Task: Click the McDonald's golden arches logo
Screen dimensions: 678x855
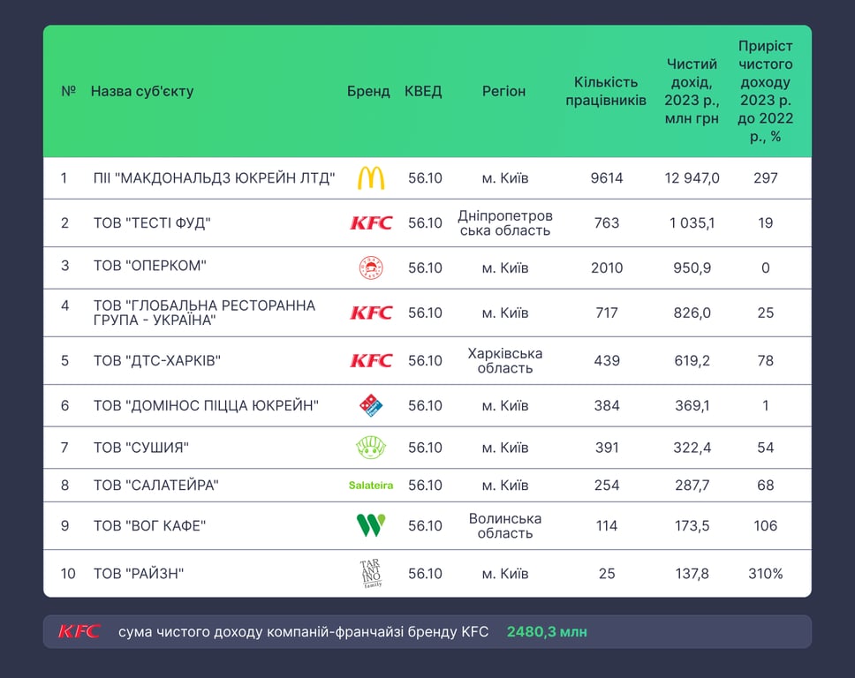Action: pyautogui.click(x=371, y=178)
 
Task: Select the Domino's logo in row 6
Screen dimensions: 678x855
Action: pyautogui.click(x=371, y=405)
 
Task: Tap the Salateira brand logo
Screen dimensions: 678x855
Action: pyautogui.click(x=371, y=486)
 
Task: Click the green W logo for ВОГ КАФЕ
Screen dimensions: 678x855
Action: pyautogui.click(x=371, y=526)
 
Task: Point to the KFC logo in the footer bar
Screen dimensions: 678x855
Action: pyautogui.click(x=79, y=631)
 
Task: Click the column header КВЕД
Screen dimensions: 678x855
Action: pyautogui.click(x=423, y=91)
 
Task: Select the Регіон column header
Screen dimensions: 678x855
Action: pyautogui.click(x=504, y=91)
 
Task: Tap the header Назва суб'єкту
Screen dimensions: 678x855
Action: pyautogui.click(x=142, y=91)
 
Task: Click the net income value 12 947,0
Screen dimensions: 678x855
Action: pyautogui.click(x=692, y=178)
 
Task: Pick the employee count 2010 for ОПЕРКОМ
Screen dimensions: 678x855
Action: pyautogui.click(x=607, y=267)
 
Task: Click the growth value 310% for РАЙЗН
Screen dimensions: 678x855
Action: pyautogui.click(x=766, y=574)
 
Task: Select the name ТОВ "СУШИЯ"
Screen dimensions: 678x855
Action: pyautogui.click(x=141, y=448)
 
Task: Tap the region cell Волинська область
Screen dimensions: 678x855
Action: pyautogui.click(x=505, y=526)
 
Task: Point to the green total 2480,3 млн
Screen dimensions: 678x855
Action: pyautogui.click(x=547, y=632)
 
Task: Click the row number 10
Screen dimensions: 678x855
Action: pyautogui.click(x=68, y=574)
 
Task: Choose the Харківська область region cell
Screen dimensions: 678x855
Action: pyautogui.click(x=505, y=360)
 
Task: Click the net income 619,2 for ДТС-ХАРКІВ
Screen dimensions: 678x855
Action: pyautogui.click(x=692, y=360)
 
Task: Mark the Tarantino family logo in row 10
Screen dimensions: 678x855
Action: pyautogui.click(x=371, y=574)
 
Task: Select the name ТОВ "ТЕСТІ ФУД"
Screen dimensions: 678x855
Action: pyautogui.click(x=152, y=222)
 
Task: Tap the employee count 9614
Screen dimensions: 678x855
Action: pyautogui.click(x=607, y=178)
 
